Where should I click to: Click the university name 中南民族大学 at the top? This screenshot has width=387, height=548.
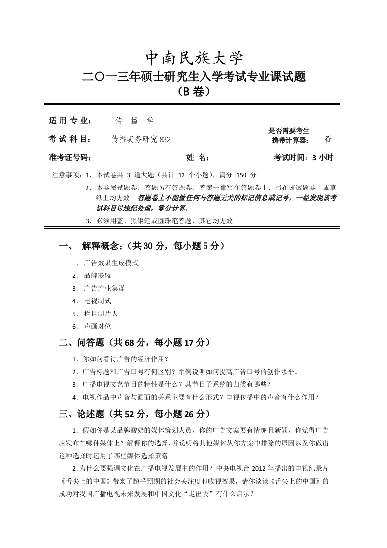coord(194,59)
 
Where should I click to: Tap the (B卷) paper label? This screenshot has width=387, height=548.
coord(194,92)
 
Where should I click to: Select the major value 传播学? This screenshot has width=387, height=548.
coord(134,120)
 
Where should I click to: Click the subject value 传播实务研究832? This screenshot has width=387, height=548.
coord(142,139)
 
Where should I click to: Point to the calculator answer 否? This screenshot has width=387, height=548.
coord(328,139)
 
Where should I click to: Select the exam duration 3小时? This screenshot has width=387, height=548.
coord(323,157)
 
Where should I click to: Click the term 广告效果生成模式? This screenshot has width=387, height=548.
coord(111,263)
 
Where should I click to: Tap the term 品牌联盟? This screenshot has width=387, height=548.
coord(98,275)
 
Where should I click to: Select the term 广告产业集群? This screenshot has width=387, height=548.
coord(104,288)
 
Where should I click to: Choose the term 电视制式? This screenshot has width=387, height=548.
coord(98,301)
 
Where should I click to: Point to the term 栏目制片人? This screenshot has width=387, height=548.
coord(101,314)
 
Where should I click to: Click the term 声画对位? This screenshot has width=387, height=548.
coord(98,326)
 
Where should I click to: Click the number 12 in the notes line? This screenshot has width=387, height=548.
coord(181,175)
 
